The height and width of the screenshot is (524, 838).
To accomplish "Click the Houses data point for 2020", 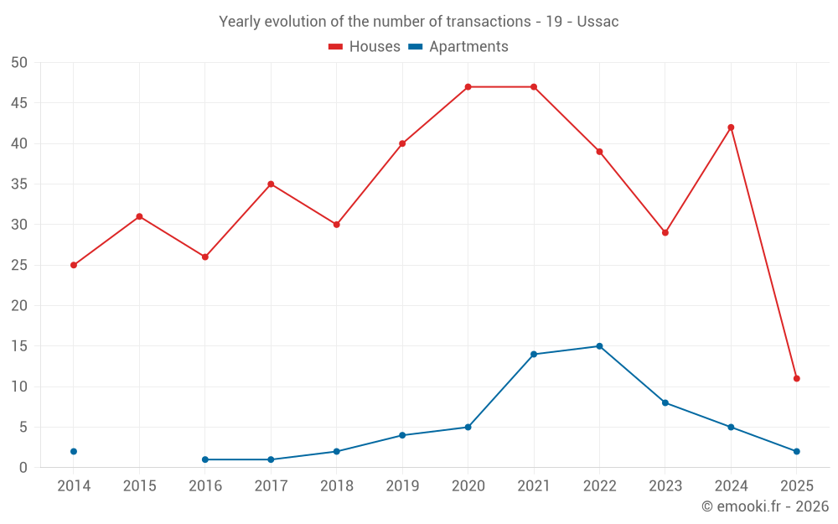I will click(468, 87).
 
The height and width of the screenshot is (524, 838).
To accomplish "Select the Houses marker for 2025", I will click(796, 378).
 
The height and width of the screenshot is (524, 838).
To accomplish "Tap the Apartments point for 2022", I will click(599, 346).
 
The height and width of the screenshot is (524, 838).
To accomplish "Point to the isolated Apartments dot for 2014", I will click(74, 451).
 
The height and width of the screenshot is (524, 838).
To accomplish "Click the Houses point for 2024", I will click(731, 127).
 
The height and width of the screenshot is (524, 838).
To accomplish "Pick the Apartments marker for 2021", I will click(534, 354).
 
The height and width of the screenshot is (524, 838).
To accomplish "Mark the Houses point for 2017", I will click(271, 184).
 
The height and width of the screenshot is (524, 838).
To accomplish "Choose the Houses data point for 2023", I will click(665, 232).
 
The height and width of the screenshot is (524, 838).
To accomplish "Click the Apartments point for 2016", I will click(205, 459).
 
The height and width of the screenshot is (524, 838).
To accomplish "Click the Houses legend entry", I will click(365, 47).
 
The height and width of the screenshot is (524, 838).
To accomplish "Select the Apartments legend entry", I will click(458, 47).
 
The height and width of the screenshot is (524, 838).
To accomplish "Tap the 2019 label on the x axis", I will click(402, 485).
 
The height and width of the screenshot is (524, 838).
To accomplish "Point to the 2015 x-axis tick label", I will click(139, 485).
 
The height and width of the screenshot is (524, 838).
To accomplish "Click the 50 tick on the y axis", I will click(20, 63).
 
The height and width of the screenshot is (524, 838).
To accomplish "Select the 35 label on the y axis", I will click(20, 184).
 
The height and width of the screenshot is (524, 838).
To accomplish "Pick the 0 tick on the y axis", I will click(24, 468).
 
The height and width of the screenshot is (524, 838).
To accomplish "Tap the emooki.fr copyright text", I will click(765, 506).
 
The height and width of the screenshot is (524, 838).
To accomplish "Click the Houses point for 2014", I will click(74, 265).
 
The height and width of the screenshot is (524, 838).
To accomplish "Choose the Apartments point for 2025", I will click(796, 451).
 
